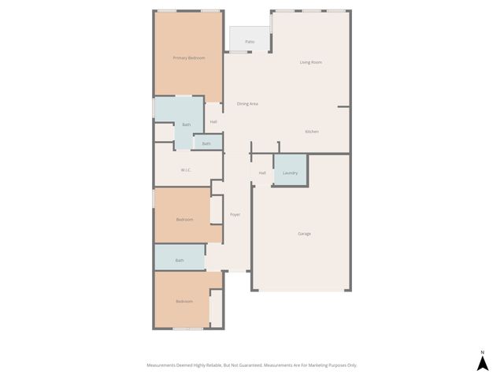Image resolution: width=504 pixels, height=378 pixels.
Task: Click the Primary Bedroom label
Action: coord(189,58)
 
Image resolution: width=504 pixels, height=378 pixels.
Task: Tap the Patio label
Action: coord(250,42)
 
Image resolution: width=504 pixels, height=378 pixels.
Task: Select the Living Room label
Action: coord(311,62)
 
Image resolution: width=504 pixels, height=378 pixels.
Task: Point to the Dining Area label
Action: coord(248,104)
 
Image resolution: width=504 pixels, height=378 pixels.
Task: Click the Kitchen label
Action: coord(312,132)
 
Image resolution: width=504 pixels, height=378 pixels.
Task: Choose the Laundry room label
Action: coord(290,172)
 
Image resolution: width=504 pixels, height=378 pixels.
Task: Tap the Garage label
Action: coord(304,234)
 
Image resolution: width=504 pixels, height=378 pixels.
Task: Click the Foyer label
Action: coord(235,214)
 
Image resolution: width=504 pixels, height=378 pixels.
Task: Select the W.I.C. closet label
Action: coord(186,170)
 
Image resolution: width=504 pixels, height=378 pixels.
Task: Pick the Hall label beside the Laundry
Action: coord(262,172)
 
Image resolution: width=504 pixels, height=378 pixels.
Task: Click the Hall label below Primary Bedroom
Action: coord(213,121)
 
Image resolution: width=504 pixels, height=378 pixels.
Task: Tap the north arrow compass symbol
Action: coord(483,363)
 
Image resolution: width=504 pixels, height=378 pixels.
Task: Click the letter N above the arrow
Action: coord(483,352)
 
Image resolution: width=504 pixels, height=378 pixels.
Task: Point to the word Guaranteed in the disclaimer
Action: coord(246,365)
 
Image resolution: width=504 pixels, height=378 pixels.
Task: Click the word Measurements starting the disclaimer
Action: coord(163,365)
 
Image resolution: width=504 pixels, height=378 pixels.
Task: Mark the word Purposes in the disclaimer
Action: coord(342,365)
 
